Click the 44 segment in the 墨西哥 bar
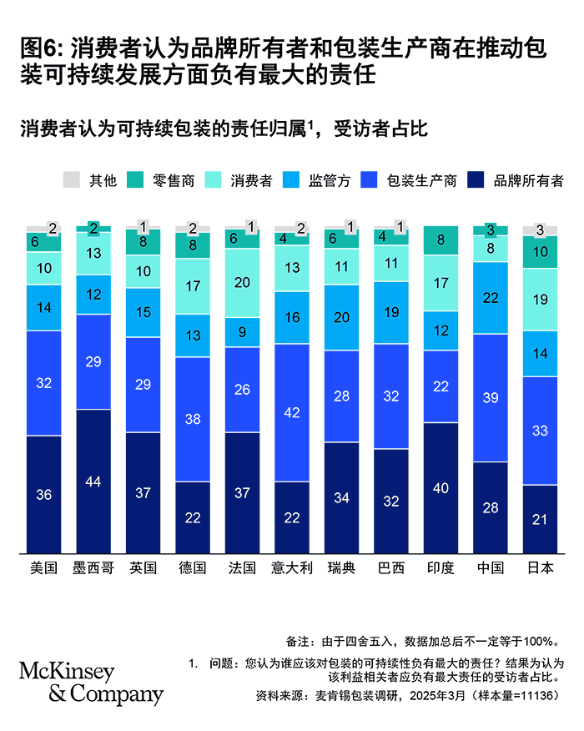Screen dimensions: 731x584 (93, 481)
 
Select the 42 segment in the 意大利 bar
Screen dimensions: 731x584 (291, 412)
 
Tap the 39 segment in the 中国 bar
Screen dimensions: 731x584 (491, 397)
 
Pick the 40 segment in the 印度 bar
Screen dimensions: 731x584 (441, 487)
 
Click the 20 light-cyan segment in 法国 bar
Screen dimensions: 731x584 (242, 283)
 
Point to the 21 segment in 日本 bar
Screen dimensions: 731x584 (541, 518)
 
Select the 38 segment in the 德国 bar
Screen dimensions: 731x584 (193, 419)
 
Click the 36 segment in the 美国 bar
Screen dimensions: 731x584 (43, 494)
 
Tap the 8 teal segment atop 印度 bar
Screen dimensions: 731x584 (441, 240)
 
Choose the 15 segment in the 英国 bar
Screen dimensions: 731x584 (143, 312)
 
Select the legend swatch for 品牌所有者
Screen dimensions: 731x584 (477, 180)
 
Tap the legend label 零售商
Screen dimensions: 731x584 (174, 180)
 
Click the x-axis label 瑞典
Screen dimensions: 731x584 (341, 568)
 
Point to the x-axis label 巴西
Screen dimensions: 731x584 (391, 568)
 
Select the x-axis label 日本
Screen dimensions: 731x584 (541, 568)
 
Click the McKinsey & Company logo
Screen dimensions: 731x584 (90, 683)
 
